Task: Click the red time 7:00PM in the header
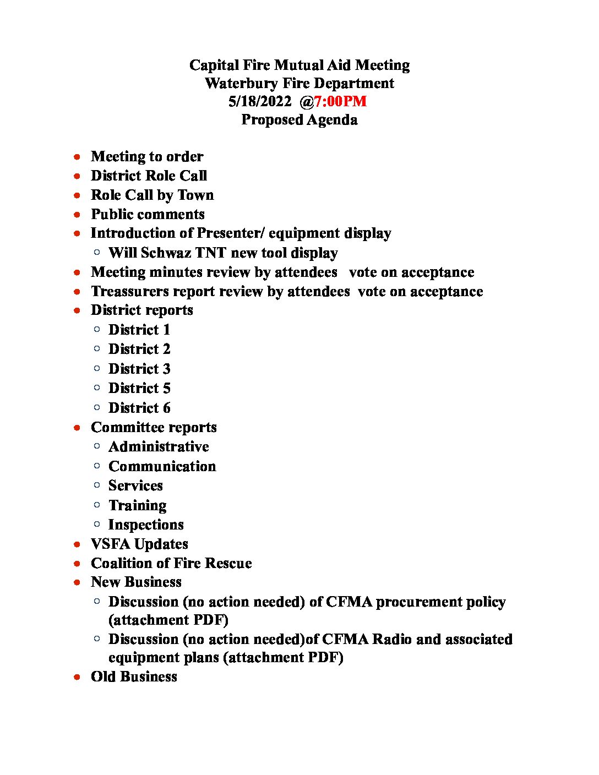point(340,102)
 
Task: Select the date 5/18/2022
point(259,102)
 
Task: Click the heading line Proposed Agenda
point(299,120)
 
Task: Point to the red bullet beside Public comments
point(78,214)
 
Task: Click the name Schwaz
point(165,253)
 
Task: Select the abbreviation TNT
point(210,253)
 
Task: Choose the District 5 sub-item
point(139,389)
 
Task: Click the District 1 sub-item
point(139,330)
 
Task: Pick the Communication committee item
point(162,467)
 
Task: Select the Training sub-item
point(137,506)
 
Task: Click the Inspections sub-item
point(146,525)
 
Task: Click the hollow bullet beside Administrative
point(97,446)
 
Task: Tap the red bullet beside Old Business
point(78,677)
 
